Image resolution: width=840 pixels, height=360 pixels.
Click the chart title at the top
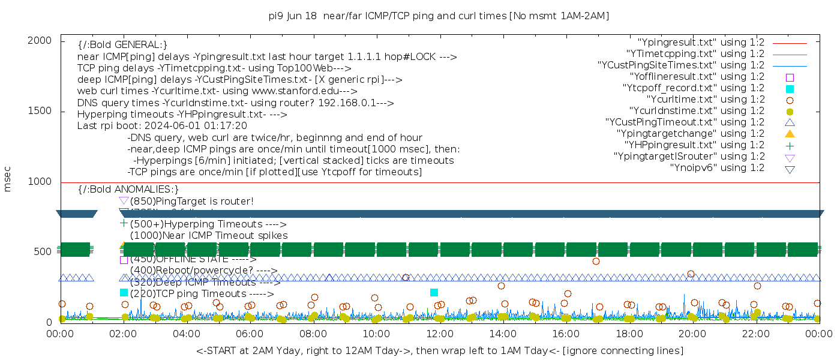(x=439, y=16)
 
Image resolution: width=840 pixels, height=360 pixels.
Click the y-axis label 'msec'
(x=8, y=180)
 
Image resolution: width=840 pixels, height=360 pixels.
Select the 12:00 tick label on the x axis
(x=439, y=334)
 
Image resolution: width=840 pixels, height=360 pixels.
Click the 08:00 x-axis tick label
(x=313, y=334)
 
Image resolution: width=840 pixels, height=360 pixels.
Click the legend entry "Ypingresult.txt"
(x=701, y=43)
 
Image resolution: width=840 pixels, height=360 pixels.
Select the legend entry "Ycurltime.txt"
(x=705, y=99)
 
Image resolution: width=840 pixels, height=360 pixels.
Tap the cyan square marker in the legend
(x=790, y=88)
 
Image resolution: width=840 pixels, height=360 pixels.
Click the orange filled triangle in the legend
(x=790, y=133)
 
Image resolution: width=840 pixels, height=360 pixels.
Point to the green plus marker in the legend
(x=790, y=145)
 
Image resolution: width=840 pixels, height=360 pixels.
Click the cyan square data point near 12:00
(x=434, y=292)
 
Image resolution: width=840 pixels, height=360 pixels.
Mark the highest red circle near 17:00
(x=596, y=261)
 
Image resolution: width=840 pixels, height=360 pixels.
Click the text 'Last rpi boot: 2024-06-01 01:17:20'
(x=162, y=126)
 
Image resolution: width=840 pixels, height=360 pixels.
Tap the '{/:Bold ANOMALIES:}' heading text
(x=128, y=190)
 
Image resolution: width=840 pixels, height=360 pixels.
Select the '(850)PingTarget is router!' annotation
(x=192, y=201)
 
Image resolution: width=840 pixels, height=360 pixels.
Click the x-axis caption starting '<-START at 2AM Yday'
(x=439, y=350)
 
